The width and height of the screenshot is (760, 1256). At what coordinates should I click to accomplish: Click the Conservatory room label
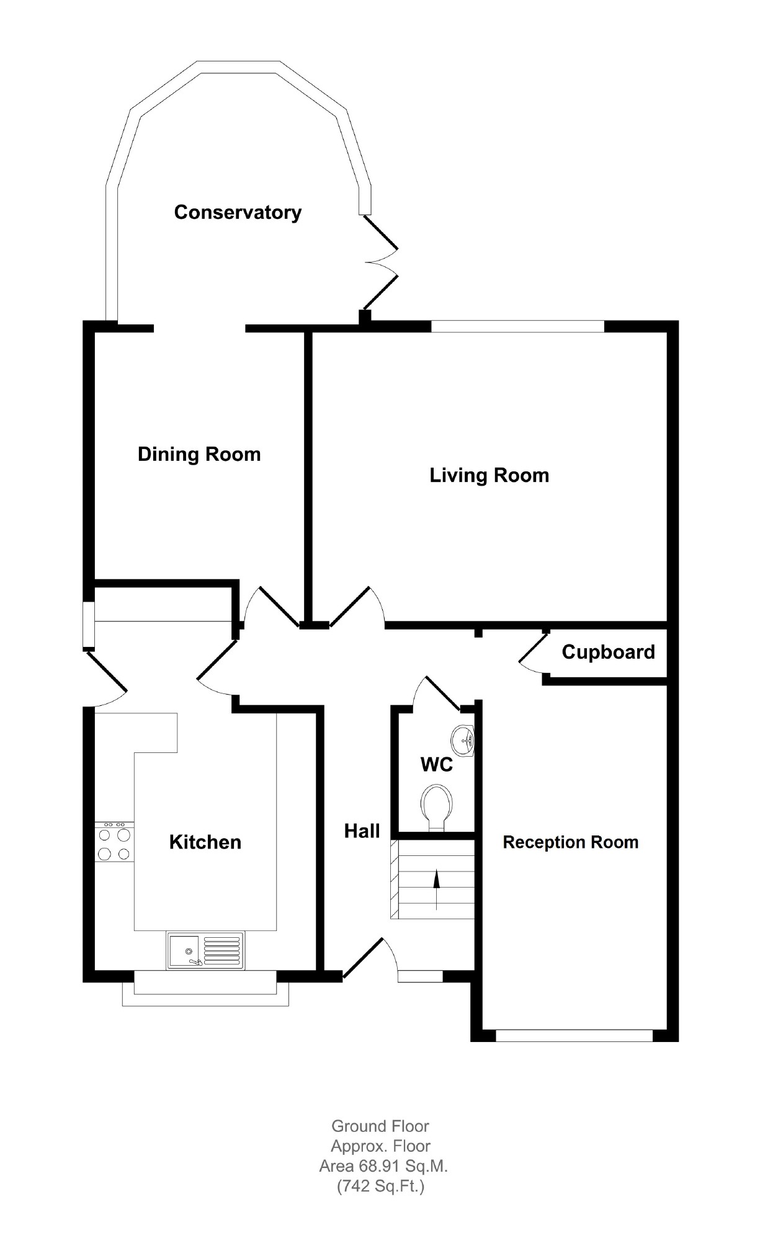click(238, 213)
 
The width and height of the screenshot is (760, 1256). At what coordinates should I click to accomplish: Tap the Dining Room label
click(199, 454)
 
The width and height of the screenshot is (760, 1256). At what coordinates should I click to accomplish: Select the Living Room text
click(490, 476)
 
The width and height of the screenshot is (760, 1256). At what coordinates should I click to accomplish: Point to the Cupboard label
click(609, 652)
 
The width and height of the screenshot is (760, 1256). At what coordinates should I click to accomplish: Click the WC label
click(437, 765)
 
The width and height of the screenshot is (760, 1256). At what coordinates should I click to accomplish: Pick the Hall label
click(362, 831)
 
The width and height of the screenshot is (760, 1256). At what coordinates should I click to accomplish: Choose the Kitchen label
click(205, 842)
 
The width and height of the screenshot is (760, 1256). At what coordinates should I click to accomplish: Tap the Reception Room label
click(571, 842)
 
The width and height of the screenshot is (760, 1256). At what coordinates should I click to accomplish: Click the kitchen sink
click(205, 950)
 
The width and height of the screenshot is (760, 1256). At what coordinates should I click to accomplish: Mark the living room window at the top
click(518, 326)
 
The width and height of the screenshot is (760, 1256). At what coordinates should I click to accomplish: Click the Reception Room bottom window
click(574, 1035)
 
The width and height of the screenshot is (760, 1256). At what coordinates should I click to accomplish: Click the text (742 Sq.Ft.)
click(381, 1187)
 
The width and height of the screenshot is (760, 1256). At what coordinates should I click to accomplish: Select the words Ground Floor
click(380, 1126)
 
